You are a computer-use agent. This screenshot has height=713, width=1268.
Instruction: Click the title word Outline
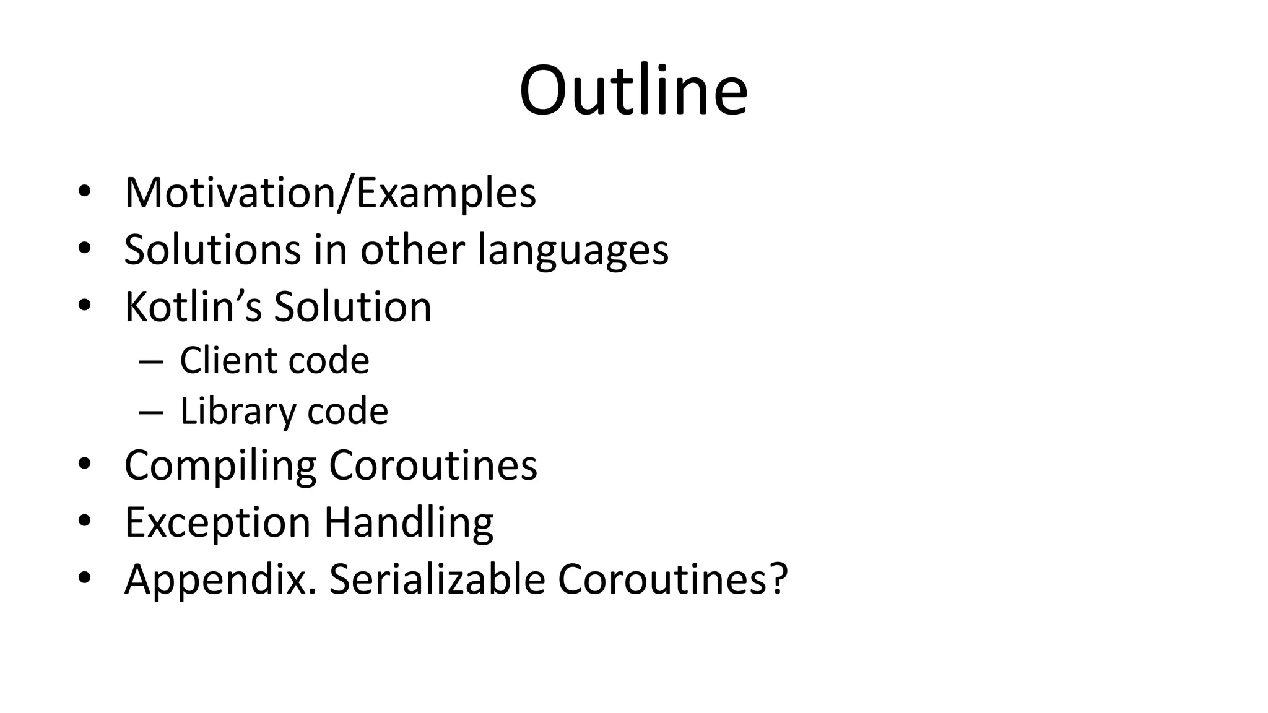(x=633, y=90)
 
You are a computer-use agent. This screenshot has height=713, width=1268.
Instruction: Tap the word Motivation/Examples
(x=330, y=193)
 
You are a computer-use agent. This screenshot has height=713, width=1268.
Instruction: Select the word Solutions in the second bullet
(x=213, y=249)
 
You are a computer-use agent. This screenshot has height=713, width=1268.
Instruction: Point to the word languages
(x=573, y=251)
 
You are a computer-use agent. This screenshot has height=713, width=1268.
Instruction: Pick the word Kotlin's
(x=193, y=306)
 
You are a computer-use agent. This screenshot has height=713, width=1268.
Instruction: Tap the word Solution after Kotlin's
(x=352, y=306)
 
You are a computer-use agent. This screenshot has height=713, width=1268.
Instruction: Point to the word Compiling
(x=220, y=465)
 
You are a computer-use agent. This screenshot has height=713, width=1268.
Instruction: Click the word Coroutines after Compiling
(x=433, y=465)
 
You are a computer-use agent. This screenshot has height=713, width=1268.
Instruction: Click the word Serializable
(x=437, y=579)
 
